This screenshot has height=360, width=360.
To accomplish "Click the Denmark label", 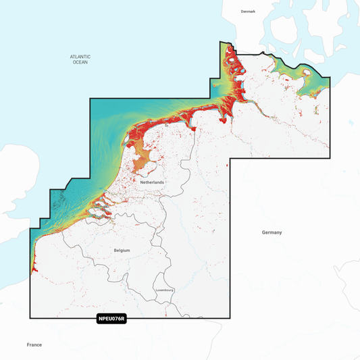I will (249, 11).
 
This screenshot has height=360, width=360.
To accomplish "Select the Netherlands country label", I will (152, 182).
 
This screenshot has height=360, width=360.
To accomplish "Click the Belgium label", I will (122, 250).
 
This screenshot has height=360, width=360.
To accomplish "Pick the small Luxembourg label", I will (165, 290).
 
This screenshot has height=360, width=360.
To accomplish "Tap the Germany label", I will (272, 232).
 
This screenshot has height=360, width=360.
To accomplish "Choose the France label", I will (34, 344).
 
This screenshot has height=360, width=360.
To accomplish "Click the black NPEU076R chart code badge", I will (111, 319).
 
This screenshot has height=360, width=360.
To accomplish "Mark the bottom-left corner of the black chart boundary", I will (30, 317).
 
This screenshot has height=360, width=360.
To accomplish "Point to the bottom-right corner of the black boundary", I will (230, 317).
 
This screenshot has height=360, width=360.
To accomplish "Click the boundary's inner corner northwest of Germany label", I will (230, 159).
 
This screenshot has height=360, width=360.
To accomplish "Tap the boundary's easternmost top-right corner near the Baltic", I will (330, 78).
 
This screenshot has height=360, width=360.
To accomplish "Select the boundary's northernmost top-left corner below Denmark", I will (221, 43).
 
